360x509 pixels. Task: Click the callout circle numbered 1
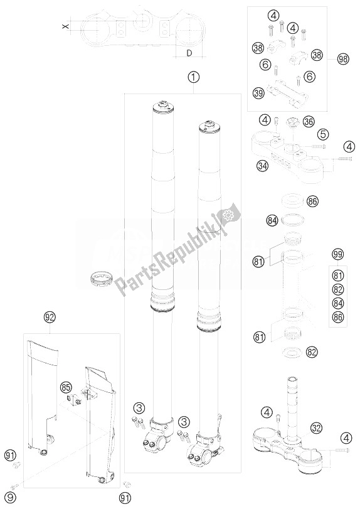click(194, 77)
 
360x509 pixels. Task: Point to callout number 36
click(308, 122)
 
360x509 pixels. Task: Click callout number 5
click(324, 134)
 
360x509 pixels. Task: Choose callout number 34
click(262, 166)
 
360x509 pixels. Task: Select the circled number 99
click(338, 254)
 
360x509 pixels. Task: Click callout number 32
click(317, 428)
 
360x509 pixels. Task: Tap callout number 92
click(50, 317)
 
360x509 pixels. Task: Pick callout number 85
click(65, 387)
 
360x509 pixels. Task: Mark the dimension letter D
click(189, 53)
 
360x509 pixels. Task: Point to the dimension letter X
click(66, 26)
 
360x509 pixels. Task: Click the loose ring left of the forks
click(101, 280)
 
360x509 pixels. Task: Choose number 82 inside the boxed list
click(338, 289)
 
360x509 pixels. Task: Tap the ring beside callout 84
click(291, 220)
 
